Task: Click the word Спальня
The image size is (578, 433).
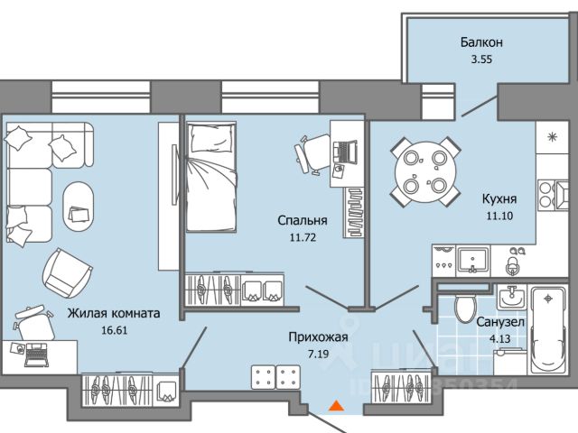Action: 302,219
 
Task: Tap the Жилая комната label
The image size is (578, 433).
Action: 114,314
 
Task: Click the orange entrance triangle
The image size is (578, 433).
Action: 335,408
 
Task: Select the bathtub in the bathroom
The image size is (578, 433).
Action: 546,329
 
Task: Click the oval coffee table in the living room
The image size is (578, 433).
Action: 79,206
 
